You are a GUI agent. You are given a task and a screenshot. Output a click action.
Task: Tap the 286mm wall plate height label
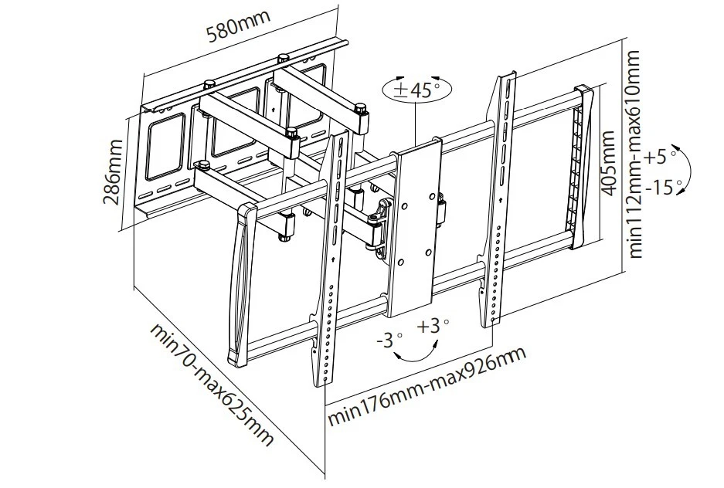pyautogui.click(x=114, y=171)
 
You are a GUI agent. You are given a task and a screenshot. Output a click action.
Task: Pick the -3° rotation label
pyautogui.click(x=390, y=339)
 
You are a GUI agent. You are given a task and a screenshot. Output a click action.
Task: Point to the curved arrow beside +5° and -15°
pyautogui.click(x=685, y=171)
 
